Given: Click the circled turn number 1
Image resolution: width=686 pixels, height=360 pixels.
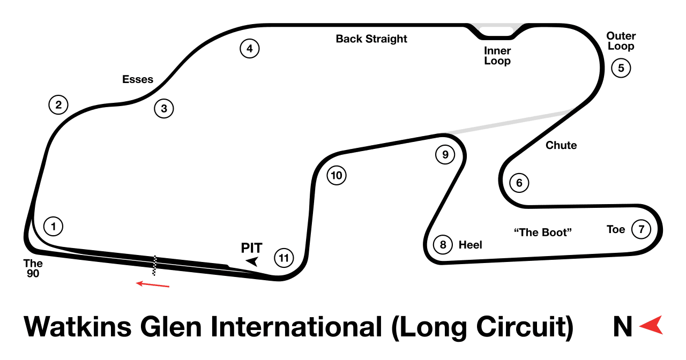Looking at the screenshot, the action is [53, 227].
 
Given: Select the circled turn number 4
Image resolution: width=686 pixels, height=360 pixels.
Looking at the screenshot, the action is [250, 48].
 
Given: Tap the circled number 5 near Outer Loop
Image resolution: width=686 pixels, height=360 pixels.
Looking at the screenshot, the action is [621, 68].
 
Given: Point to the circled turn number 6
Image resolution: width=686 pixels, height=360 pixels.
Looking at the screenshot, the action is [519, 183].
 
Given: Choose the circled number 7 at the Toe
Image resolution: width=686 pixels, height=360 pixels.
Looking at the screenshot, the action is [641, 229].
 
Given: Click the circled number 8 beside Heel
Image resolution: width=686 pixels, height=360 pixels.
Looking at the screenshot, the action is [443, 245].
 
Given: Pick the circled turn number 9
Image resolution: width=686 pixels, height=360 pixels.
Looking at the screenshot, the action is [445, 155].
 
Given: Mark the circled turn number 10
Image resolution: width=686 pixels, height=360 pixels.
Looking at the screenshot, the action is [337, 175].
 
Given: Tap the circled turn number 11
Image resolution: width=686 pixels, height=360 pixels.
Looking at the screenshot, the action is [284, 258].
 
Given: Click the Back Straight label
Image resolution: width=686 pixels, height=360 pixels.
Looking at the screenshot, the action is [371, 39].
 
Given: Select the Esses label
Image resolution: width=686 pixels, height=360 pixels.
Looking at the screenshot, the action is [138, 79].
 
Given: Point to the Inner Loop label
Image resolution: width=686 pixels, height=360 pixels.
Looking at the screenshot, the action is [497, 56].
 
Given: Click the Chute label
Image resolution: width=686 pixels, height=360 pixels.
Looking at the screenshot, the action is [561, 145].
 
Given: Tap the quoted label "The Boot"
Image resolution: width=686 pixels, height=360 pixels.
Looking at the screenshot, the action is [543, 232].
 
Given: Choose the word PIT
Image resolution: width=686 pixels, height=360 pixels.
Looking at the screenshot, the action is [252, 248].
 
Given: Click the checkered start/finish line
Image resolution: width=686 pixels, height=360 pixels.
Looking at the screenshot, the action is [155, 266].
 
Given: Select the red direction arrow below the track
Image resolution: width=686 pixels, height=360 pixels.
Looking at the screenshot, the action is [153, 284].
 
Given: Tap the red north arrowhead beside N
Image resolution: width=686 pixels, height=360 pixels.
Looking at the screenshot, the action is [652, 325].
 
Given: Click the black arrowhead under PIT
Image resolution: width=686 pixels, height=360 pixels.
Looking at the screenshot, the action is [252, 262].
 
